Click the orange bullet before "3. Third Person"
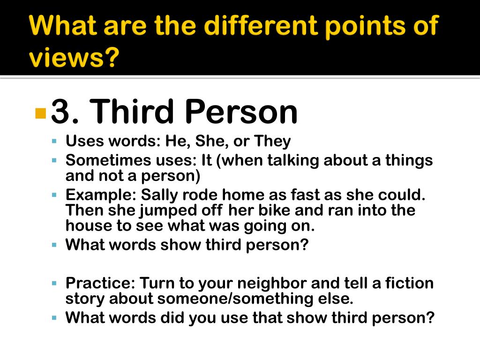[x=41, y=113]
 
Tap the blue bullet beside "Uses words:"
[x=54, y=141]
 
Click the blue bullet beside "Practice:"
[x=54, y=283]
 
